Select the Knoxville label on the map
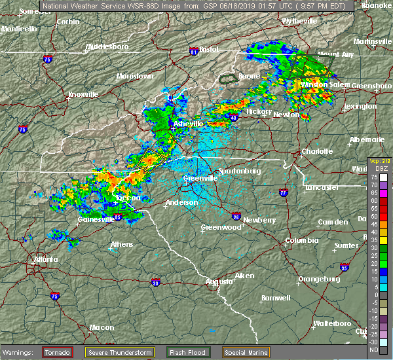(x=83, y=94)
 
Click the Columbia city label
(x=301, y=240)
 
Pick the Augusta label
(x=219, y=281)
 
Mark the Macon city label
(x=83, y=327)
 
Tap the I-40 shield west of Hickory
(x=234, y=118)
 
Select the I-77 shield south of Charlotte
(x=283, y=193)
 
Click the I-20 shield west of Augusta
(x=155, y=283)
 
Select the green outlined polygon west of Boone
(x=228, y=79)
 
